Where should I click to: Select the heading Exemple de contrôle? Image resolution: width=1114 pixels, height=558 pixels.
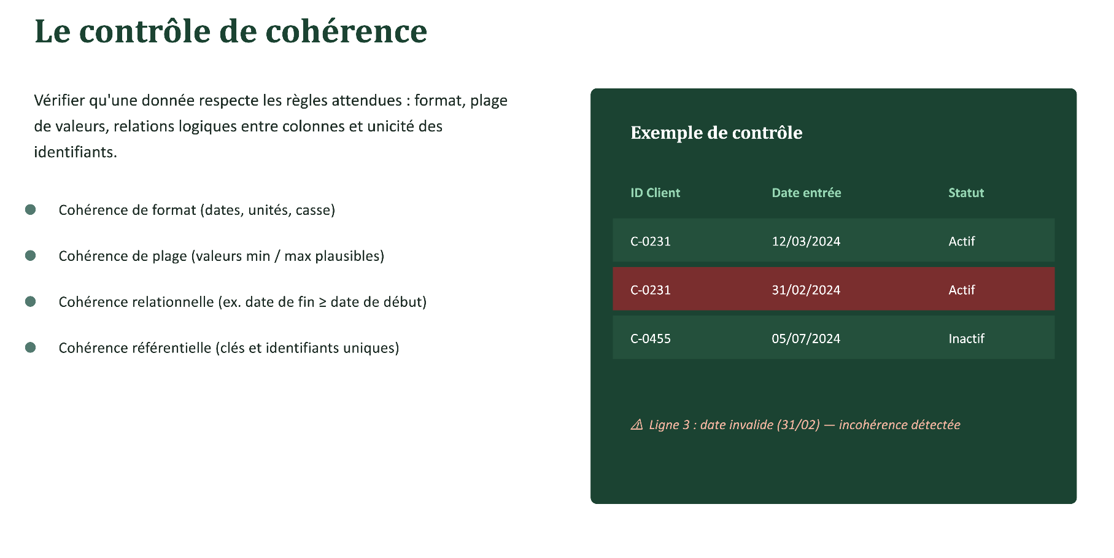[x=716, y=133]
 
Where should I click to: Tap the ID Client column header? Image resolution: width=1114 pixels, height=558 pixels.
[x=655, y=193]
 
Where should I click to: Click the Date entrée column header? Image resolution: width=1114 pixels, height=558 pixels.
[x=806, y=193]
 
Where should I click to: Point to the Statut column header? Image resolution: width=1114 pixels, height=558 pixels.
[x=966, y=193]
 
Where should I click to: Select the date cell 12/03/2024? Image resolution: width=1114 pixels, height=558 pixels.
[x=806, y=241]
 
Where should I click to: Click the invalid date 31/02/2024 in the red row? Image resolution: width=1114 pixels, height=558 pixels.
[x=806, y=290]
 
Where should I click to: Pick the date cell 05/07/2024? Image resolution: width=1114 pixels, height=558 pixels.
[x=806, y=338]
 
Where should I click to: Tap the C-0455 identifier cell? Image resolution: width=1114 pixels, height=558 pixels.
[x=651, y=338]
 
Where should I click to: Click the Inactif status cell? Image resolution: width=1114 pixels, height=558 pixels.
[x=966, y=338]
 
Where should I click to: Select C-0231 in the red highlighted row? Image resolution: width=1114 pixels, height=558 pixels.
[x=651, y=290]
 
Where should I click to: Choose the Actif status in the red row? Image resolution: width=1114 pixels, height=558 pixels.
[x=962, y=290]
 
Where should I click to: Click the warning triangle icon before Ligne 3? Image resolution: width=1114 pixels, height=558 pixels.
[x=637, y=425]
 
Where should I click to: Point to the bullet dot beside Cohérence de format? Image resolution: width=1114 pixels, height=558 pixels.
[x=30, y=209]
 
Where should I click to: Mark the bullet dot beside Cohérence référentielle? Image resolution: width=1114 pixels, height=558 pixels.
[x=30, y=347]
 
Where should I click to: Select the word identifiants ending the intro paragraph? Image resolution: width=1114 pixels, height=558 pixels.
[x=75, y=152]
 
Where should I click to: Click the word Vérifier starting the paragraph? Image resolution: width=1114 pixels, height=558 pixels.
[x=60, y=100]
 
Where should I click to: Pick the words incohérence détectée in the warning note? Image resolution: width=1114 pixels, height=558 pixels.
[x=899, y=425]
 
